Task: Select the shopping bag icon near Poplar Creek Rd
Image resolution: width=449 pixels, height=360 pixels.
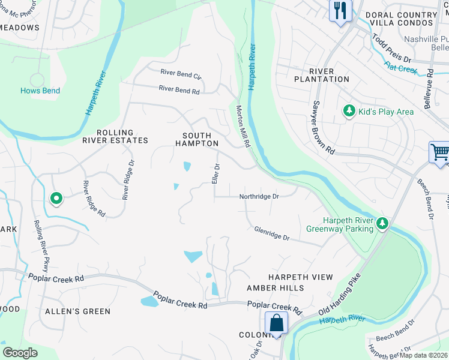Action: [276, 323]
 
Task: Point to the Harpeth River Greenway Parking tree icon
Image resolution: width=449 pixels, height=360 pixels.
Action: [382, 224]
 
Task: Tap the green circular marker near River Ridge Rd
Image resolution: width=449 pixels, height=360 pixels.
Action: [56, 198]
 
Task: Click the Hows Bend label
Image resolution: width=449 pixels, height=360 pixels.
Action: [40, 91]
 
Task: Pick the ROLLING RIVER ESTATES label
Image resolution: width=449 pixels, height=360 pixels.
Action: [115, 136]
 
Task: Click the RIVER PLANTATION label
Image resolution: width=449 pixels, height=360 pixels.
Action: [321, 75]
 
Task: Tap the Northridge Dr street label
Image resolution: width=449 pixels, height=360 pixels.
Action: [259, 196]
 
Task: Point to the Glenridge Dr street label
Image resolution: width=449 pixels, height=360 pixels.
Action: [272, 233]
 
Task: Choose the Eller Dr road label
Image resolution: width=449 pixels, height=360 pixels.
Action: [215, 174]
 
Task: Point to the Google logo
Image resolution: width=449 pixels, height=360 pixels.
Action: [20, 352]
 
